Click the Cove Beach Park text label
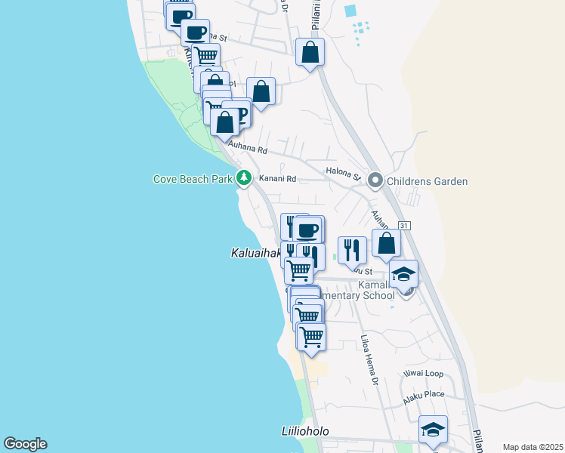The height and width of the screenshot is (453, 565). (x=193, y=180)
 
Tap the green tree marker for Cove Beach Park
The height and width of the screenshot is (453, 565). (x=243, y=179)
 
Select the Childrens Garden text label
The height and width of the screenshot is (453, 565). (x=427, y=181)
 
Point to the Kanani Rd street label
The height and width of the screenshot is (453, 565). (x=277, y=180)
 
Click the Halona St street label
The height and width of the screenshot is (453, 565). (x=343, y=174)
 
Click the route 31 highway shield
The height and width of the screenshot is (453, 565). (x=405, y=225)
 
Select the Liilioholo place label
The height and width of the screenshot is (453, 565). (x=301, y=433)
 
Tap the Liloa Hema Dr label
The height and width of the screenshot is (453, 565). (x=369, y=361)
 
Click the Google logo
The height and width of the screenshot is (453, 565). (x=25, y=444)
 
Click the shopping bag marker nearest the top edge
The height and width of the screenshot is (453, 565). (x=310, y=53)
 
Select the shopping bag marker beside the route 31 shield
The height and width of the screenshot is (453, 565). (x=387, y=244)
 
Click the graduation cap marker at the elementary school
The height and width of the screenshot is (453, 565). (x=404, y=274)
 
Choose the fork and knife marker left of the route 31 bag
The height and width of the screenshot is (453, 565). (x=352, y=249)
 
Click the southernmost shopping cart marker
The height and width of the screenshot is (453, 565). (x=311, y=337)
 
